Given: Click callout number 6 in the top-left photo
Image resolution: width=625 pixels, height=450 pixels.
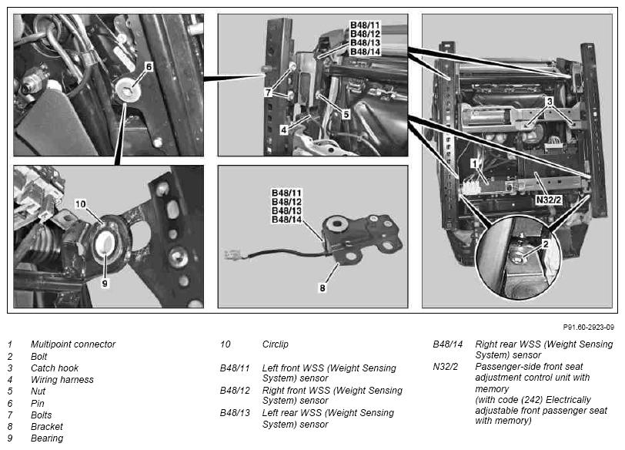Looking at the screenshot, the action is tap(149, 66).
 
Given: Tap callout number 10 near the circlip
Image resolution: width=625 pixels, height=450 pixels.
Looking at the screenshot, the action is tap(81, 204).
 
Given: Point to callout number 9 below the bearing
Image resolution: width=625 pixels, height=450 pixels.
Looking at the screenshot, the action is tap(105, 284).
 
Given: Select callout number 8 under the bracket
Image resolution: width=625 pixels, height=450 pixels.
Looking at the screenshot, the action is tap(322, 287).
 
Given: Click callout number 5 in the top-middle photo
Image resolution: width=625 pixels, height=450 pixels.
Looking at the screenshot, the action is tap(346, 115).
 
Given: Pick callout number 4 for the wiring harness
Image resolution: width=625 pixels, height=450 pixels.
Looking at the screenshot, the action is tap(283, 129).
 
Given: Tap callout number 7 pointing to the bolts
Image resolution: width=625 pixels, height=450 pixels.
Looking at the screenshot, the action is tap(269, 92).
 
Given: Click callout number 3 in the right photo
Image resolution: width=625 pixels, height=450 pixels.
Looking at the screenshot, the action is tap(550, 102).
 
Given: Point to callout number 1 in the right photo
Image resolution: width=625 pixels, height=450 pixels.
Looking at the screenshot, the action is tap(474, 163).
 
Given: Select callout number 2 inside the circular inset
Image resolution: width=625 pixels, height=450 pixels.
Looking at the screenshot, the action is tap(546, 243).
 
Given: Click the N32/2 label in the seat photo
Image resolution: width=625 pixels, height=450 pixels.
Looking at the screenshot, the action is tap(549, 200).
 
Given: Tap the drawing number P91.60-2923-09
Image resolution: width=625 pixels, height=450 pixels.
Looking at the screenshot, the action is tap(588, 327).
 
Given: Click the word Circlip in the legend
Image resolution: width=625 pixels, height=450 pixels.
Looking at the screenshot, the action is tap(275, 344).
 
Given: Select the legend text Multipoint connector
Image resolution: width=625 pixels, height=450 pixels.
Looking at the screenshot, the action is tap(73, 344).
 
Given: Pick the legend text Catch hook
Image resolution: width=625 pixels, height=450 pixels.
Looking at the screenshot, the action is tap(55, 368).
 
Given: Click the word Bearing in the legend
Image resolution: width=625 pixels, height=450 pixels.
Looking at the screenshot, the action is tap(47, 438).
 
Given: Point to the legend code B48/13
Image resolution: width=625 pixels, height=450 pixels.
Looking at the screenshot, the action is tap(235, 412).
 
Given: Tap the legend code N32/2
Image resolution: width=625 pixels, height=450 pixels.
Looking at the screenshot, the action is tap(445, 366).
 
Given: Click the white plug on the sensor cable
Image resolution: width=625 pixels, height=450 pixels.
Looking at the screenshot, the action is tap(232, 254).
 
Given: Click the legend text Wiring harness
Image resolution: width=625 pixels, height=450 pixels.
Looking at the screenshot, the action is tap(62, 379).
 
